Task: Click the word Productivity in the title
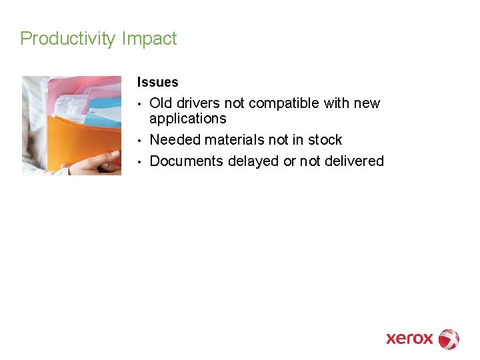(x=68, y=39)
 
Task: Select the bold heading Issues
(x=157, y=83)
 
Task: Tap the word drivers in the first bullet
(x=199, y=103)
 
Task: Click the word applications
(x=187, y=119)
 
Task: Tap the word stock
(x=325, y=140)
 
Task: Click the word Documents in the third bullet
(x=186, y=161)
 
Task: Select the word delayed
(x=254, y=161)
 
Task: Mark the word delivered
(x=352, y=161)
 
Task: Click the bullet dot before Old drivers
(x=140, y=104)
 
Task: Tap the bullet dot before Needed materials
(x=140, y=141)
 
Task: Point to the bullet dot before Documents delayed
(x=140, y=162)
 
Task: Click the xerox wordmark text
(x=409, y=339)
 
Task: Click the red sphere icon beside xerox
(x=449, y=339)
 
